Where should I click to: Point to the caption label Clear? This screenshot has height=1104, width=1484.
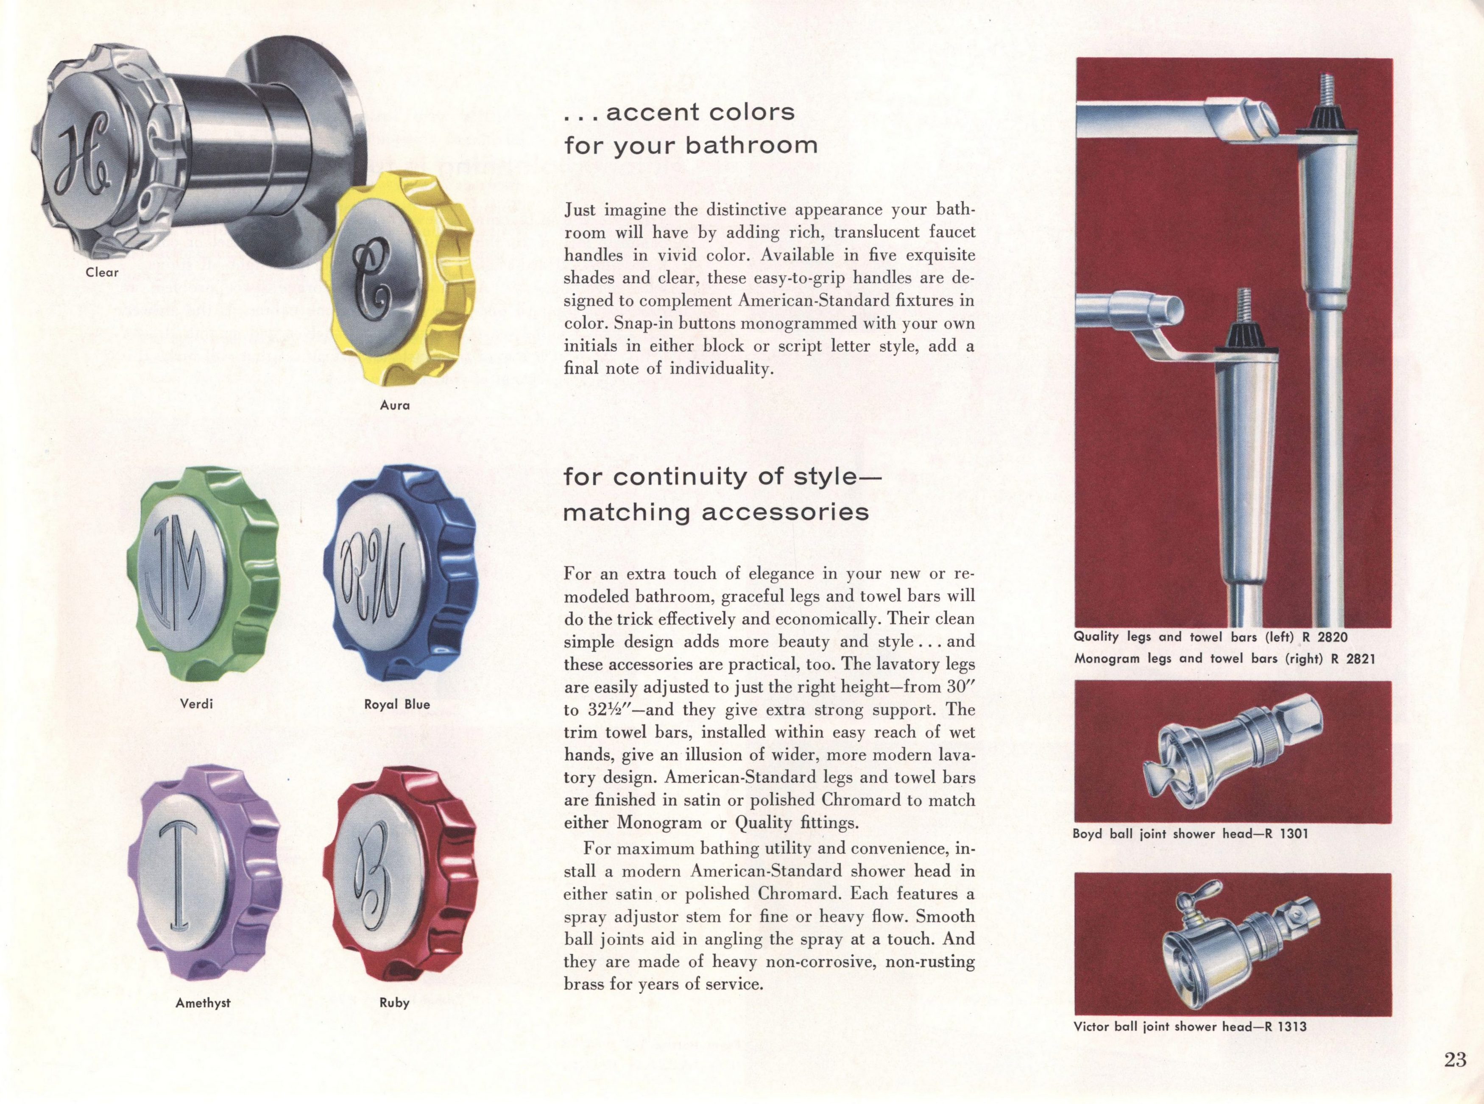(x=102, y=272)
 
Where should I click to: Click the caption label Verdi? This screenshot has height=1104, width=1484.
(x=197, y=704)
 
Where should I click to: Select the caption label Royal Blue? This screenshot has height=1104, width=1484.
(x=397, y=704)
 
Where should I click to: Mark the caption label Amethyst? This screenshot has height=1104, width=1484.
(x=203, y=1003)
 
